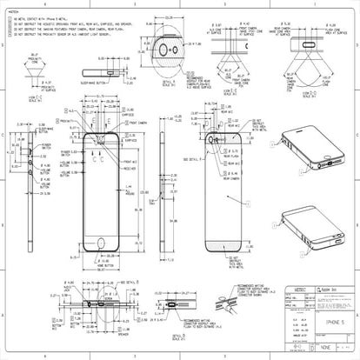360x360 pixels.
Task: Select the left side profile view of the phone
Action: [32, 191]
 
